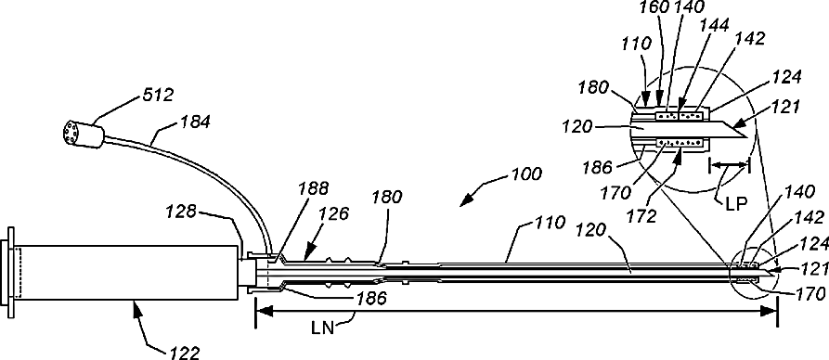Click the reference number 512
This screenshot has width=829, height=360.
(x=157, y=96)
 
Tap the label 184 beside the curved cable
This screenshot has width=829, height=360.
(x=196, y=122)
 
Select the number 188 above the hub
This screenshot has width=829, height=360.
(x=313, y=188)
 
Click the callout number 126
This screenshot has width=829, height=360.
(x=334, y=213)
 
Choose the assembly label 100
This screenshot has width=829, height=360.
(x=525, y=174)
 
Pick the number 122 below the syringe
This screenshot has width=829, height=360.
(x=184, y=353)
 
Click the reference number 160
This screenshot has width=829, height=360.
(x=654, y=7)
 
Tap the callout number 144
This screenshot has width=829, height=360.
(x=714, y=24)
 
